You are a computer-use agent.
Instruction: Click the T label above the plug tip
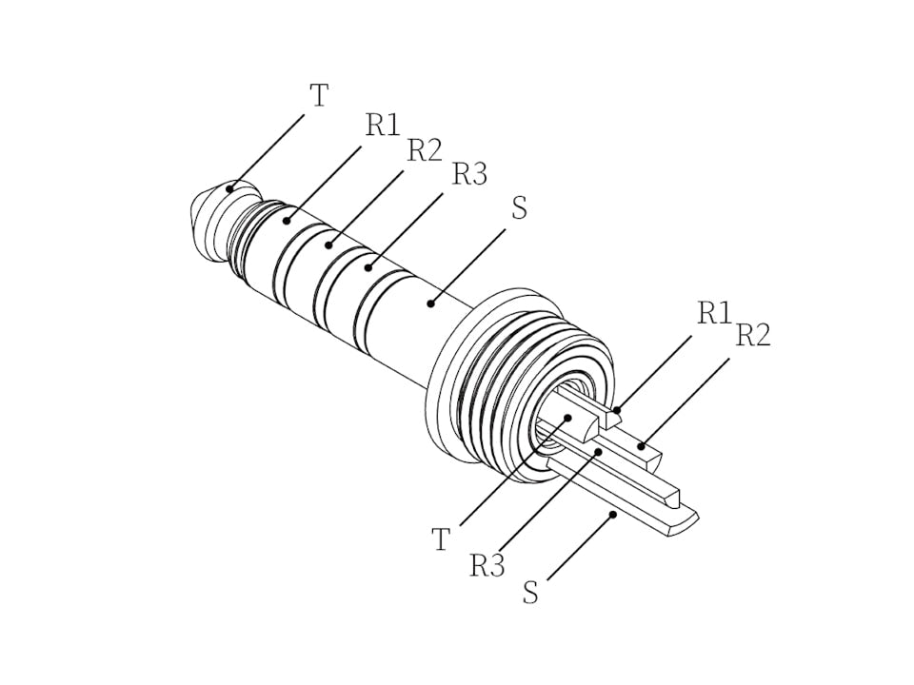click(x=320, y=95)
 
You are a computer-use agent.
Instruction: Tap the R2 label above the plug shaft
click(x=425, y=149)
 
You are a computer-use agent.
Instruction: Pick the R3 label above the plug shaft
click(x=469, y=174)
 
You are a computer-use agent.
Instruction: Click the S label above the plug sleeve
click(x=519, y=208)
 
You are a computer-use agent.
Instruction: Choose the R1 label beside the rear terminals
click(x=713, y=312)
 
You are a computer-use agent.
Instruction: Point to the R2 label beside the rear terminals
click(x=753, y=335)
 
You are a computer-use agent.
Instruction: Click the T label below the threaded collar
click(x=440, y=539)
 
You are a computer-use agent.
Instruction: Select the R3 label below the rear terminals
click(x=487, y=565)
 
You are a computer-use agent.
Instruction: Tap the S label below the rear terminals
click(x=531, y=593)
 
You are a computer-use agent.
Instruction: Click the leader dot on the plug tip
click(x=229, y=188)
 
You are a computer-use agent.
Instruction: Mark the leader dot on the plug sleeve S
click(x=430, y=303)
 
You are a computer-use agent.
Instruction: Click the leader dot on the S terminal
click(x=614, y=514)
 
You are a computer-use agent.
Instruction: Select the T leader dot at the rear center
click(x=567, y=417)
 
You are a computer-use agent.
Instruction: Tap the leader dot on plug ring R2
click(x=328, y=245)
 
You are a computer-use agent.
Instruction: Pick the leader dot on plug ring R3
click(x=368, y=267)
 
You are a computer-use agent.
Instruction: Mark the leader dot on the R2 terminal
click(x=642, y=444)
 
